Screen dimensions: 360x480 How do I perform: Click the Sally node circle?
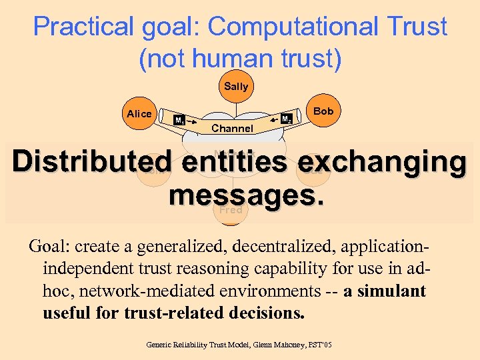tap(236, 87)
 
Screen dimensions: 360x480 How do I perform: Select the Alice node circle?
tap(139, 114)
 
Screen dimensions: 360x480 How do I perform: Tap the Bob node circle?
tap(323, 111)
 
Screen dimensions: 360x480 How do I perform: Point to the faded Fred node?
tap(231, 209)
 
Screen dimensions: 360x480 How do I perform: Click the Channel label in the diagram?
tap(232, 128)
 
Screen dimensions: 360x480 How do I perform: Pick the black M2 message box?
tap(285, 119)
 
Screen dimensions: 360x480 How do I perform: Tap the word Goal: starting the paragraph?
tap(49, 246)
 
